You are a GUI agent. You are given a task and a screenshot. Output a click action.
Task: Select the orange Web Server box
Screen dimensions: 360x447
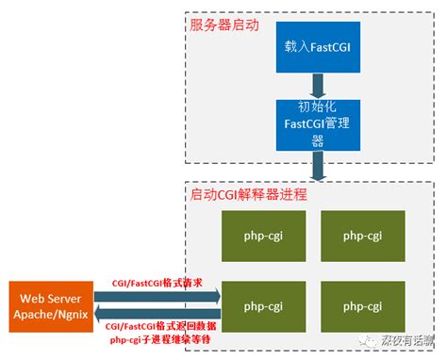click(50, 305)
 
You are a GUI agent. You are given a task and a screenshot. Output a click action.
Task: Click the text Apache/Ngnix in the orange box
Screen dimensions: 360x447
click(50, 314)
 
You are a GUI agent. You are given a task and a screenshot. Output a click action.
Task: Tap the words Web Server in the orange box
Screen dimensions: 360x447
click(50, 298)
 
